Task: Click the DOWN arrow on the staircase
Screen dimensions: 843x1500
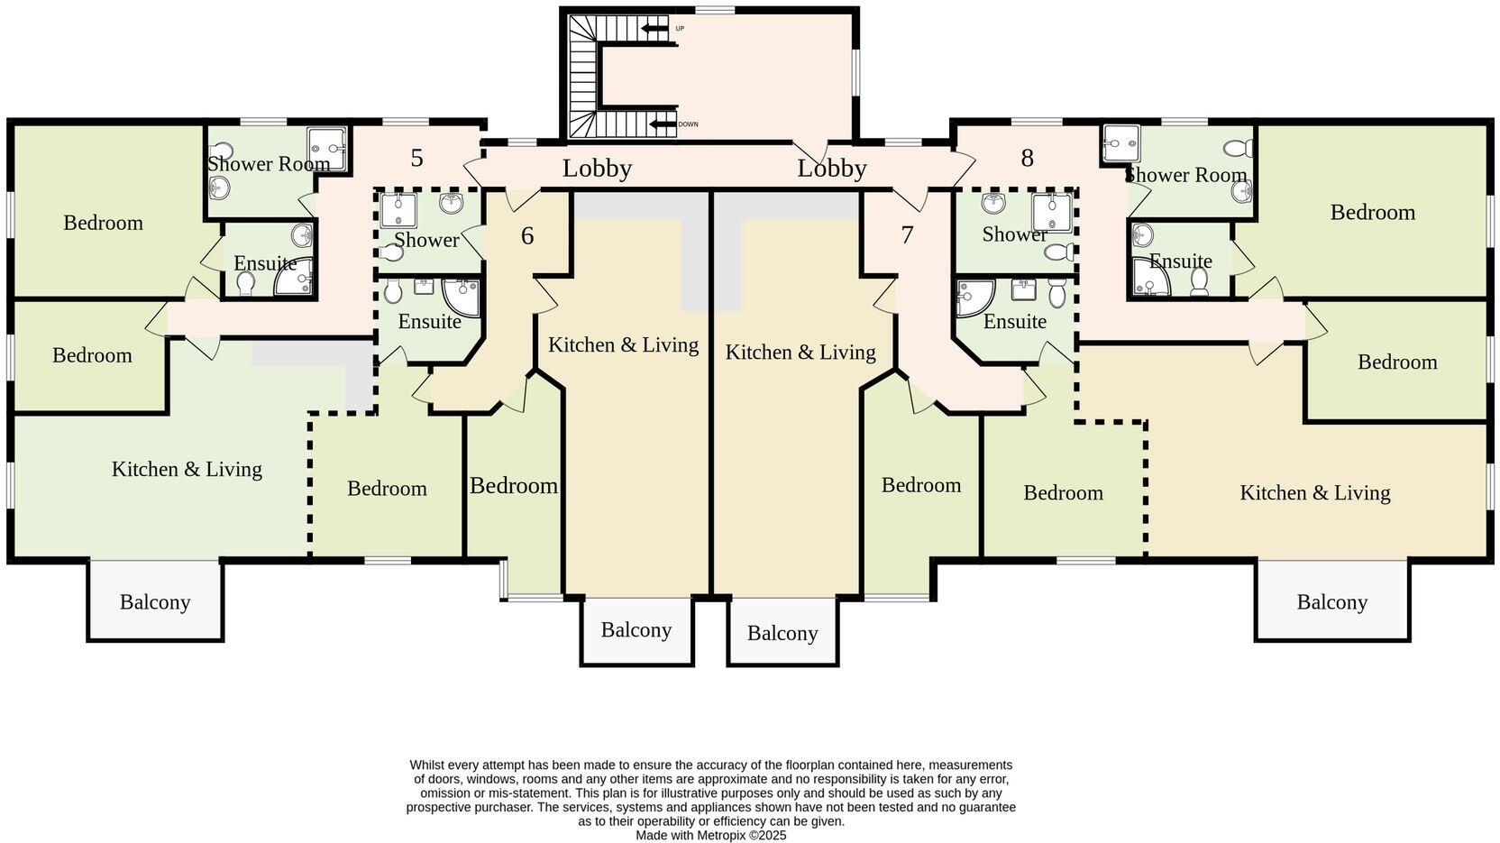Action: pos(663,124)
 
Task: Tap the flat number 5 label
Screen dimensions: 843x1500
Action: pos(416,159)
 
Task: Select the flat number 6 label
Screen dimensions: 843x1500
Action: pos(527,236)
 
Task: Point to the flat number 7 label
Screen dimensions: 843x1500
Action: pos(907,235)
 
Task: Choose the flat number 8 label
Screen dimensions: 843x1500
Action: pos(1027,159)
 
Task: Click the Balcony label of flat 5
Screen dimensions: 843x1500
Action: pos(155,602)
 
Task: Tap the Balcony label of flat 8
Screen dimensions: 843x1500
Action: pos(1331,602)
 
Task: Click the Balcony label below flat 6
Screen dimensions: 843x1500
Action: pos(636,630)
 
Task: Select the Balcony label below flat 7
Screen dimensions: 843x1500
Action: pos(782,634)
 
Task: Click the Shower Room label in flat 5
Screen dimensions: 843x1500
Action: pos(269,164)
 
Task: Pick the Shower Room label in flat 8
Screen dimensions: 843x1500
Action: pos(1185,175)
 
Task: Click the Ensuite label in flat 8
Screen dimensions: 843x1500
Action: pos(1181,261)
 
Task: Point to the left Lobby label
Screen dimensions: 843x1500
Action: pos(597,169)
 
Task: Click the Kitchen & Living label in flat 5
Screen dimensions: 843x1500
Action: pos(187,470)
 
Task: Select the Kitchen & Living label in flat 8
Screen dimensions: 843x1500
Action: pos(1314,493)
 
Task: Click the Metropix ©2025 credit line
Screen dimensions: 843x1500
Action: pos(711,836)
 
